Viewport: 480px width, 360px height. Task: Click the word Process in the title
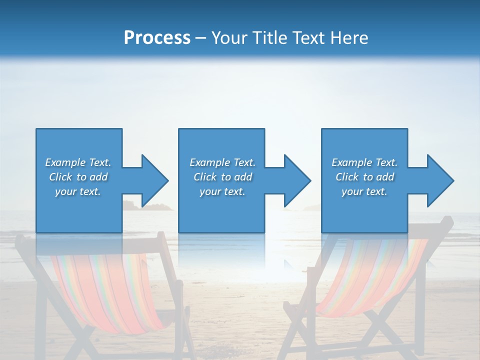click(x=157, y=38)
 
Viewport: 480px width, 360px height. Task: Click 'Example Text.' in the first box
click(x=78, y=162)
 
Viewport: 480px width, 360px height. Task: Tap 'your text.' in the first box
click(x=78, y=191)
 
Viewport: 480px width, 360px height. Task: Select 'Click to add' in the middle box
click(x=222, y=177)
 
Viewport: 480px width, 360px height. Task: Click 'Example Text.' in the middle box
click(x=222, y=162)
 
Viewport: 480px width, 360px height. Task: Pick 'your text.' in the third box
click(x=364, y=191)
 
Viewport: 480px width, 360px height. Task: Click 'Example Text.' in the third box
click(x=364, y=162)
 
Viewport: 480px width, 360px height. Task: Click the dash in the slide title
click(x=200, y=38)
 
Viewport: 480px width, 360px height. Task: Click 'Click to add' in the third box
click(x=364, y=177)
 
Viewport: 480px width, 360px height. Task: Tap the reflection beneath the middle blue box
click(x=221, y=250)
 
